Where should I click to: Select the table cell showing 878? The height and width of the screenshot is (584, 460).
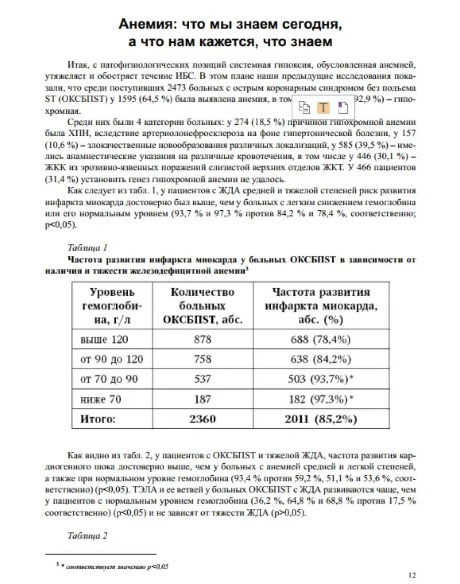202,340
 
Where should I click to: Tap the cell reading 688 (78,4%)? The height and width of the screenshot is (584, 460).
321,340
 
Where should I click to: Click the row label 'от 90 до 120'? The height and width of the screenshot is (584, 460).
112,360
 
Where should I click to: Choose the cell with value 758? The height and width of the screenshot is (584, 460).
202,360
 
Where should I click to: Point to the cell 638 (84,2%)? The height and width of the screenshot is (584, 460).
321,360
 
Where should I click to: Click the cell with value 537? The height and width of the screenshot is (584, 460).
202,379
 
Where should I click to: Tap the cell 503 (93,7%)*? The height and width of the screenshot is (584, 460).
324,379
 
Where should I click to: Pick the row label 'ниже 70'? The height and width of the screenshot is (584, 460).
101,399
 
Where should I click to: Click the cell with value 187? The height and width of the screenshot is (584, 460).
202,399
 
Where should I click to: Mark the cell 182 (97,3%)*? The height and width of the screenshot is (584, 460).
324,399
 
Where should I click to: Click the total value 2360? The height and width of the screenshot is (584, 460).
202,419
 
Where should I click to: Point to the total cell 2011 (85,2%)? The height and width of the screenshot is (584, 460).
321,419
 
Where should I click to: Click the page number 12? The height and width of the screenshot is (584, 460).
411,574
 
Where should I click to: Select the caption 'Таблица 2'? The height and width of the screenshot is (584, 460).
87,536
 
